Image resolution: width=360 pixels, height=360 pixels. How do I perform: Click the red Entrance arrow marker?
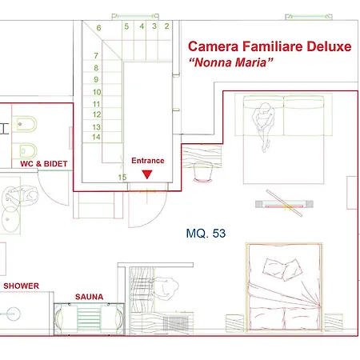click(147, 174)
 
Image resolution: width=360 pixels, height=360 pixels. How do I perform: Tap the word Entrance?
click(148, 161)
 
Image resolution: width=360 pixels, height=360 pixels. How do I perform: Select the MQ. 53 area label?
click(206, 234)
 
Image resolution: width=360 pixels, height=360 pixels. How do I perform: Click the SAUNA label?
click(89, 297)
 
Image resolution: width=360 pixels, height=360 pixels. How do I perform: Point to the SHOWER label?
click(21, 286)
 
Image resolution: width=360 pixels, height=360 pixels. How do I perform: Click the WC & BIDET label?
click(44, 164)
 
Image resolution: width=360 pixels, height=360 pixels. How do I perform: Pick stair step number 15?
click(122, 177)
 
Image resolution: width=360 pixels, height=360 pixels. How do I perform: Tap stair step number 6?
click(99, 28)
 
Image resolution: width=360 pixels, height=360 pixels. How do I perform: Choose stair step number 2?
click(166, 26)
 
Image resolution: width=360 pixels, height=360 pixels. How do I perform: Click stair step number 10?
click(97, 92)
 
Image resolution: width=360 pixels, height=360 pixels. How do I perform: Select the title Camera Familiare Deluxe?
click(270, 46)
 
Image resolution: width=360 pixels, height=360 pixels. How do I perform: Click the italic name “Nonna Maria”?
click(231, 62)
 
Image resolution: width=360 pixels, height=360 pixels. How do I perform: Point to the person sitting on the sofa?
click(263, 126)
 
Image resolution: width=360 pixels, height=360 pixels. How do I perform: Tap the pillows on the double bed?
click(282, 269)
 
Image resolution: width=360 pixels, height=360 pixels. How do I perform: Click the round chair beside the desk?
click(202, 172)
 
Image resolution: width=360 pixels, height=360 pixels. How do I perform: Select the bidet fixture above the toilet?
click(24, 124)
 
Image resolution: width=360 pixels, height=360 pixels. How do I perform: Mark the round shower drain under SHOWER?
click(14, 314)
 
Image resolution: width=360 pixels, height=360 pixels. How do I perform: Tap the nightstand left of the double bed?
click(235, 323)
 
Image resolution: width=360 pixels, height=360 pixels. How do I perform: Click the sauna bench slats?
click(89, 319)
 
